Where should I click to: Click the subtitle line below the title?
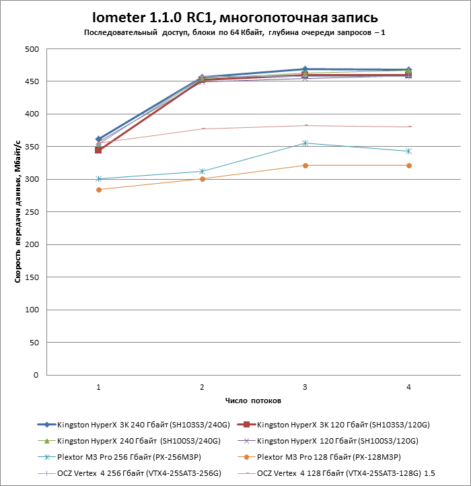pos(235,32)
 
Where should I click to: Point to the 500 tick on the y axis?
pos(31,49)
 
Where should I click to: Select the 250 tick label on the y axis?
pos(31,212)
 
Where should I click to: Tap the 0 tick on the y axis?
pos(36,375)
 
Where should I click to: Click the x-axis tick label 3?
pos(305,387)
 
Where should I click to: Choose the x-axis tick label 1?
pos(99,387)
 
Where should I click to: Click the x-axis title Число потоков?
pos(253,401)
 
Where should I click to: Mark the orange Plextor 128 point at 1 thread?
pos(99,190)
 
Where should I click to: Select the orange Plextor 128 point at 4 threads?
pos(408,166)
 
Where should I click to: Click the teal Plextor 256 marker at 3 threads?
pos(305,143)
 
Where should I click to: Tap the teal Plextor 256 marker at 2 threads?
pos(202,172)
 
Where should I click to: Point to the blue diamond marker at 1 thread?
pos(99,139)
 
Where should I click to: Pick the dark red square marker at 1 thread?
pos(99,150)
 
